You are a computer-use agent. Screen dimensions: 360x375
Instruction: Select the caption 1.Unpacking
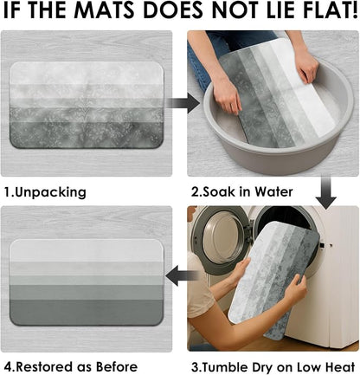(45, 192)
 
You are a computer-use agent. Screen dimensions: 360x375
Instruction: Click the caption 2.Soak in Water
(241, 191)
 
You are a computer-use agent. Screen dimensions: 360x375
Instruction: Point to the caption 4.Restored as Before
(71, 367)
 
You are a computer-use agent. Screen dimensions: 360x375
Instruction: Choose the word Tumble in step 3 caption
(223, 367)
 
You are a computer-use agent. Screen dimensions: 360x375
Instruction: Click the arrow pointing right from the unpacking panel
(183, 103)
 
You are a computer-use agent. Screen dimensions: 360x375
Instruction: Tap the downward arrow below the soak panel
(326, 193)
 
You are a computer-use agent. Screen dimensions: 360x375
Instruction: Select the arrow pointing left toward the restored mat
(182, 276)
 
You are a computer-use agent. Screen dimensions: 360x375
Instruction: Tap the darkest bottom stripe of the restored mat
(86, 312)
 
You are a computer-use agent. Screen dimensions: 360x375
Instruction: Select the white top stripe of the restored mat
(86, 250)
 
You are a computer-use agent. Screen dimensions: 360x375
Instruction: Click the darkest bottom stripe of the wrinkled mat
(86, 135)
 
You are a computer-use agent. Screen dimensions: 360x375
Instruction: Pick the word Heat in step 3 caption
(339, 367)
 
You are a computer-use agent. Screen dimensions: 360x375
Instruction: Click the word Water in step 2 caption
(273, 191)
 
